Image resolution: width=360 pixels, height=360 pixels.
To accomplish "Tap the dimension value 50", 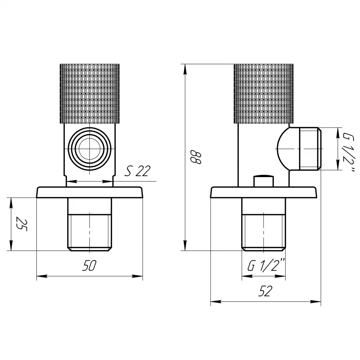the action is [90, 266].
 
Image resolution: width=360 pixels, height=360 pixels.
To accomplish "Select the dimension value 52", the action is [265, 291].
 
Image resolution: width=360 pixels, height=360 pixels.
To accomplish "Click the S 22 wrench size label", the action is [138, 171].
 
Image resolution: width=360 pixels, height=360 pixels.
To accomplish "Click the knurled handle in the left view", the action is [90, 94].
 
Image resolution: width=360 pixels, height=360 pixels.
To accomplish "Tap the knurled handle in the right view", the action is [264, 94].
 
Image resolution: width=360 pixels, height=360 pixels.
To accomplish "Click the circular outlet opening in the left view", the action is [90, 149].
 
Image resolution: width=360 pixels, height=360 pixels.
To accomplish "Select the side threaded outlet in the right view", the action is [310, 149].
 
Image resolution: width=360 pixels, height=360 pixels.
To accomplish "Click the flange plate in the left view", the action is [90, 192].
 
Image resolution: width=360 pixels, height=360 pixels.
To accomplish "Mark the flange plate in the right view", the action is [264, 192].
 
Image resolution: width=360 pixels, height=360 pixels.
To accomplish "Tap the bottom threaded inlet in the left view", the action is [90, 224].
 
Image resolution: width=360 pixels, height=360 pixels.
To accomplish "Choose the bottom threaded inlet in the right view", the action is [264, 224].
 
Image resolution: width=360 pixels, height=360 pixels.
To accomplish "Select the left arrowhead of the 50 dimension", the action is [42, 276].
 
